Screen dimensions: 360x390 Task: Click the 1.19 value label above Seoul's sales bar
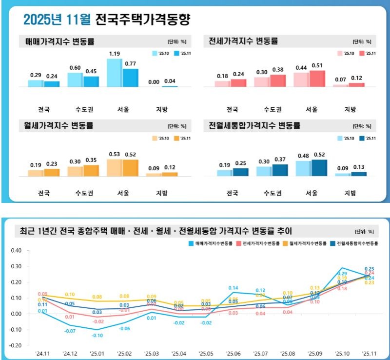115,53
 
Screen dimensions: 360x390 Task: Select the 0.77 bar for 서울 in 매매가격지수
130,78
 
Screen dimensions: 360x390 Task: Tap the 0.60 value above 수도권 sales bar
75,68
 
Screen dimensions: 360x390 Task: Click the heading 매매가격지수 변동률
59,41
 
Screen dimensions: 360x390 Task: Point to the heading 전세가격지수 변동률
243,41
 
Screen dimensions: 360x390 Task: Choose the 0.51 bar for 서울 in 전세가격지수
317,79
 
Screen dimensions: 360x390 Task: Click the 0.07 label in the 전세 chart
340,79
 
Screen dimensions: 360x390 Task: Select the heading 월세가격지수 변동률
59,125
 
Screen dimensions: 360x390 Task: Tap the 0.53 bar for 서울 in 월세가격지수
115,167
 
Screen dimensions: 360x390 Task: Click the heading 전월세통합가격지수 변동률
254,125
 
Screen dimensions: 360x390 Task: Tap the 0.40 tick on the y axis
17,250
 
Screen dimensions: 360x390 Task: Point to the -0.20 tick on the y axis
17,345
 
